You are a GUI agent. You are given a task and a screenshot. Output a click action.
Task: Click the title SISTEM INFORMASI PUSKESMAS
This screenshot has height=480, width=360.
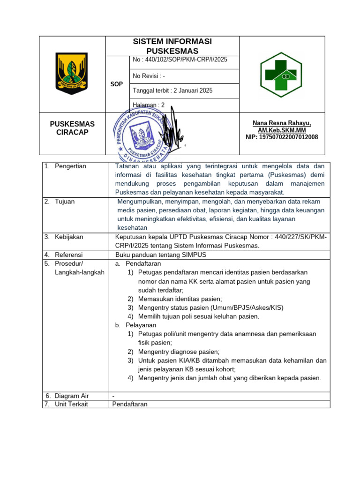point(172,46)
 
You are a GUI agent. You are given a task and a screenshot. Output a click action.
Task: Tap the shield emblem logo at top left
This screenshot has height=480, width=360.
point(72,74)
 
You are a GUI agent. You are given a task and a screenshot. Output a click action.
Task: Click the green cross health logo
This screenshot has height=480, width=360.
point(281,74)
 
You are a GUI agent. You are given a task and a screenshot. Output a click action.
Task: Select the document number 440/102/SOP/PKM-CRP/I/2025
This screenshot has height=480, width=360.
point(180,60)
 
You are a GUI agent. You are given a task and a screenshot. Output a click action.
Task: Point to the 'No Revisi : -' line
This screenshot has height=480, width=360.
point(149,76)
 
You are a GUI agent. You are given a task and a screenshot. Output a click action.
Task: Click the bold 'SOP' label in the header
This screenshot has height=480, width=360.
point(116,84)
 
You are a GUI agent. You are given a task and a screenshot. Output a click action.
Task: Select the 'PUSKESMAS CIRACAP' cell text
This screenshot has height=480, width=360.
point(72,128)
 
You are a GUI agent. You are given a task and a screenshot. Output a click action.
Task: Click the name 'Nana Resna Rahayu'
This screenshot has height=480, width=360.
point(281,123)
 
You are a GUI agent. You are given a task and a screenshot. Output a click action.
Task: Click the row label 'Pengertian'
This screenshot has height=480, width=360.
point(70,166)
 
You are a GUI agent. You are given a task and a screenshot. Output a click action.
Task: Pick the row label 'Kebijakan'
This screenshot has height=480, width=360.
point(68,237)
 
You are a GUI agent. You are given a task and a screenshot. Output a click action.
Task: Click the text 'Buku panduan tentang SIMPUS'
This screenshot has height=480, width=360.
point(160,255)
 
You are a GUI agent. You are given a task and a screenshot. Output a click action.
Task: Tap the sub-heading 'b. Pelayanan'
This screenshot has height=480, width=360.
point(136,325)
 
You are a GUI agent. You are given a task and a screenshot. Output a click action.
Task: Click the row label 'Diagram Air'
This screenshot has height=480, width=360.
point(72,396)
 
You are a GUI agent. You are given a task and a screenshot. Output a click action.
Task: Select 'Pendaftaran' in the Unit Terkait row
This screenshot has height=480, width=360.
point(130,404)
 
